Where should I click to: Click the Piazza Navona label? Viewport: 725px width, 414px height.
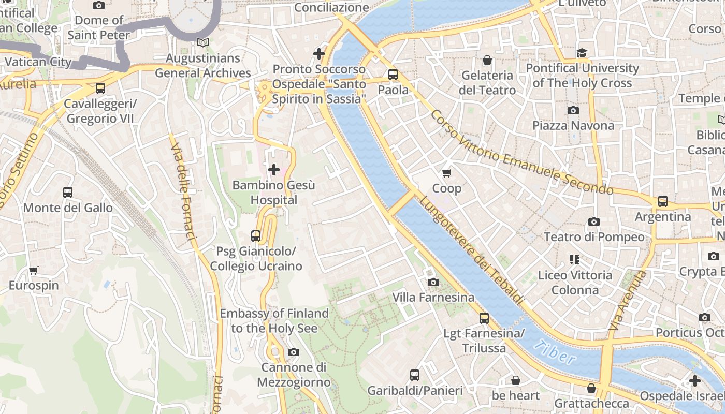click(x=573, y=125)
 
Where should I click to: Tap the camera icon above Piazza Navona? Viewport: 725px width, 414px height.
click(x=573, y=110)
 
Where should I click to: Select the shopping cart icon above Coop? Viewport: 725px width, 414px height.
click(x=446, y=173)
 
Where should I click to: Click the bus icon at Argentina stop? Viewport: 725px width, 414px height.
click(x=663, y=201)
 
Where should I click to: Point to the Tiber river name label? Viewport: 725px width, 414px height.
click(x=555, y=352)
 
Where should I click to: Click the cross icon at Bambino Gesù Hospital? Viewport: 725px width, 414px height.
click(x=273, y=169)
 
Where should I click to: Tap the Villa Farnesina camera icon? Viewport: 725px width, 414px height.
click(x=433, y=282)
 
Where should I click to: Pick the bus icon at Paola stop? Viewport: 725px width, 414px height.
click(x=393, y=75)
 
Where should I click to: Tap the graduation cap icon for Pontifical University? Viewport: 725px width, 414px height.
click(x=582, y=53)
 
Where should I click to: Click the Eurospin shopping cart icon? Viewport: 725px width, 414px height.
click(x=34, y=270)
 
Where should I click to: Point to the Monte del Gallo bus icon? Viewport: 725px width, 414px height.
click(x=68, y=193)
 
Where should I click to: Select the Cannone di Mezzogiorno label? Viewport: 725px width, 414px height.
click(x=294, y=375)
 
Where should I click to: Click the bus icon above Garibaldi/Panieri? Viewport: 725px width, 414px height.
click(x=415, y=375)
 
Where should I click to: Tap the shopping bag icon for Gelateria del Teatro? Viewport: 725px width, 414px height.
click(x=487, y=60)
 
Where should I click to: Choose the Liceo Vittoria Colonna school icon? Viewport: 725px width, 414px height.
click(x=574, y=260)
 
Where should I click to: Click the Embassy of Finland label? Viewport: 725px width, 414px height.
click(x=274, y=320)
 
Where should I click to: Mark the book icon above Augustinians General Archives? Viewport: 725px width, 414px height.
click(x=203, y=43)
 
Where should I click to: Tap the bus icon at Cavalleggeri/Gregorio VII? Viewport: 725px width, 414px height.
click(x=100, y=88)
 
